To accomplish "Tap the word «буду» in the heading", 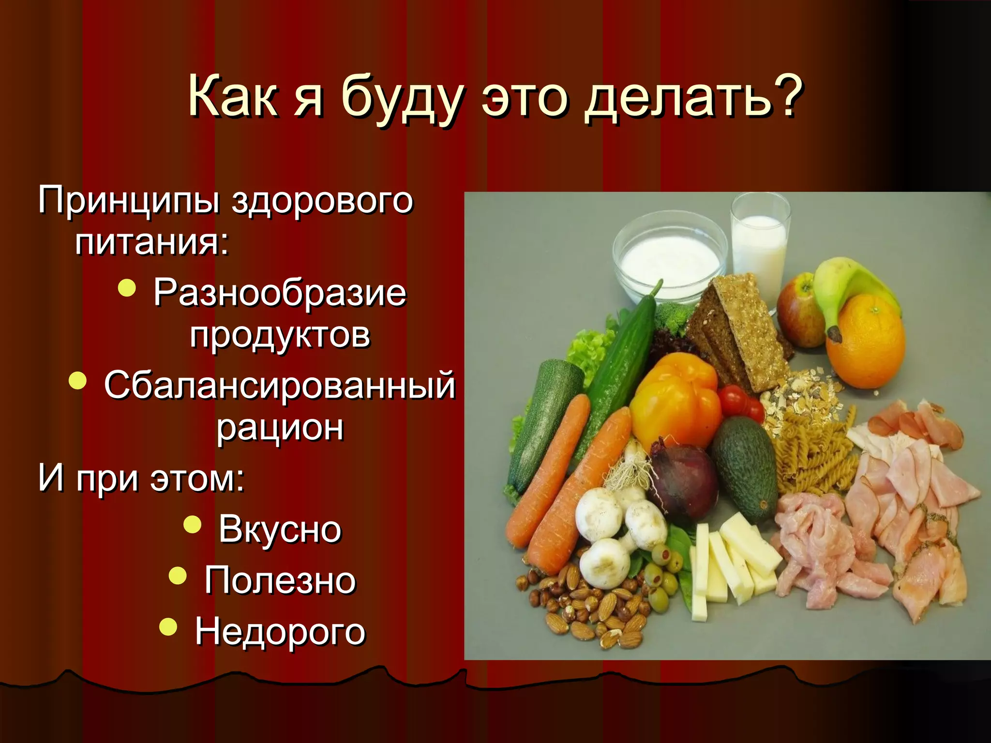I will (x=403, y=99).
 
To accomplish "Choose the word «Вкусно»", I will (x=280, y=529).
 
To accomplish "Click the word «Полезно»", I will (x=280, y=580).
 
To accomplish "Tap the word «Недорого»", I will (x=280, y=631).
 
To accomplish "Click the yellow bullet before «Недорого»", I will (x=168, y=626).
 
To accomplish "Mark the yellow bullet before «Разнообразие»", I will (x=127, y=288).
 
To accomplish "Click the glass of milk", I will (x=759, y=247).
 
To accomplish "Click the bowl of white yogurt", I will (x=670, y=259).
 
